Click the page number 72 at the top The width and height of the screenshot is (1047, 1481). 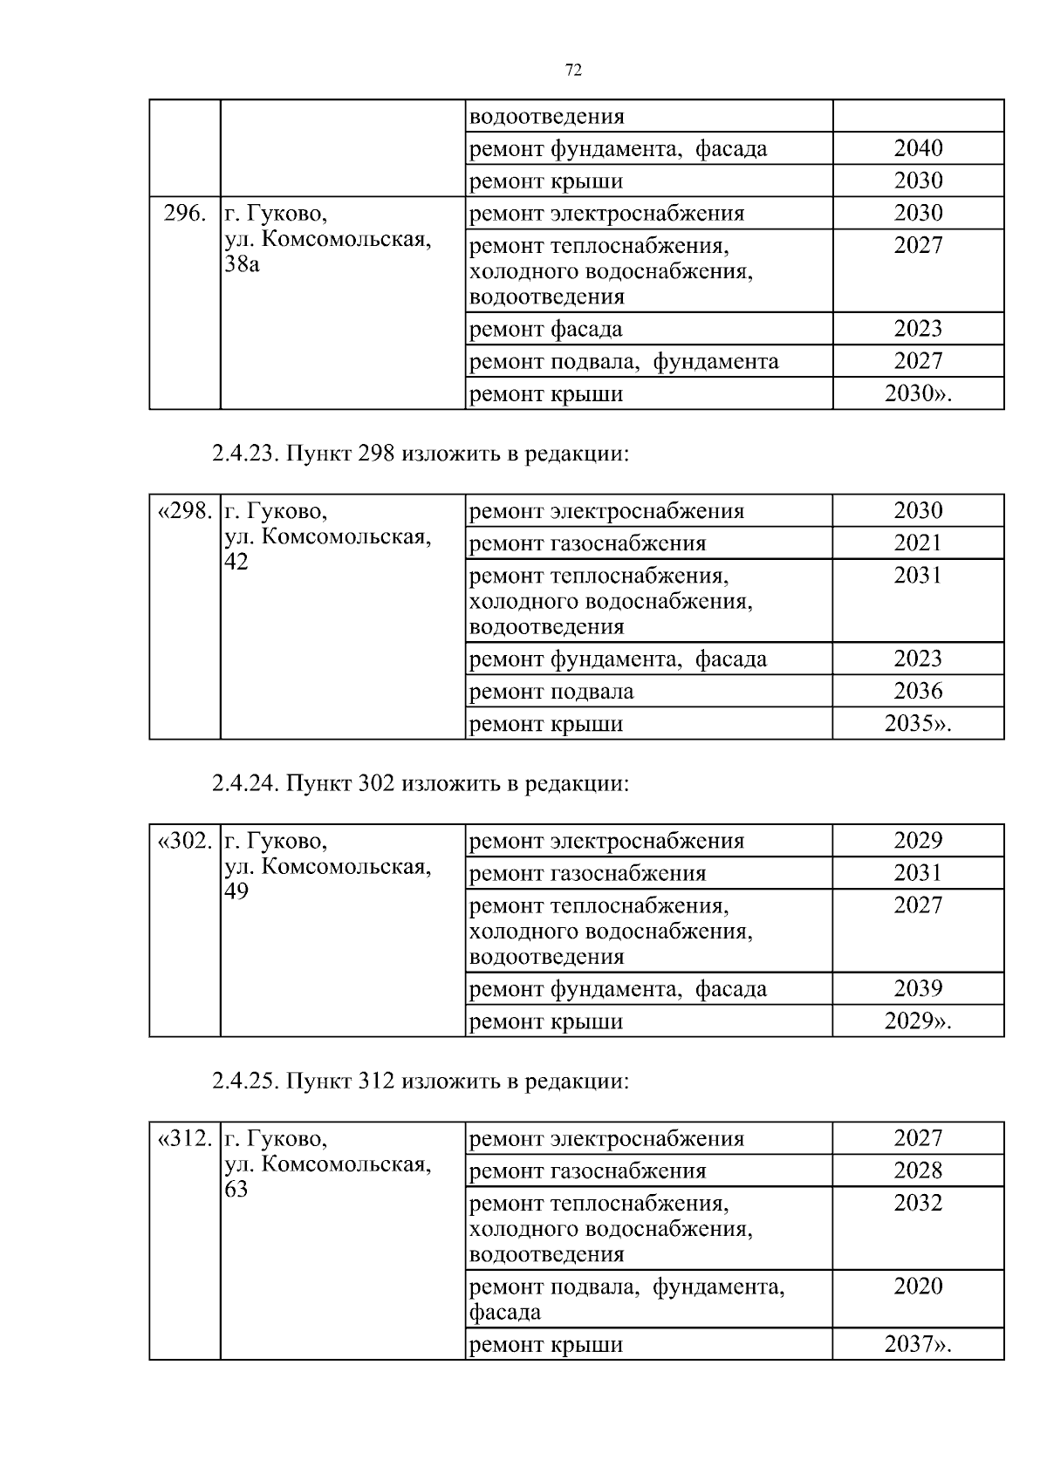573,71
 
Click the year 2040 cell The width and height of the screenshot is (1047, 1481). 918,148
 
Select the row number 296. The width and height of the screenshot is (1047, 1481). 185,214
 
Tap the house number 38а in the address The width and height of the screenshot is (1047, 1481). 242,264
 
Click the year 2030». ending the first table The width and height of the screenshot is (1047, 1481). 918,394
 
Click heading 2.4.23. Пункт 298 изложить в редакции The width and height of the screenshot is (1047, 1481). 420,454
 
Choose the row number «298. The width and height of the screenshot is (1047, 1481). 185,511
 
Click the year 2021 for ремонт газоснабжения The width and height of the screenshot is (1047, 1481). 918,543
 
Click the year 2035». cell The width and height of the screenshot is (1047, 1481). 918,724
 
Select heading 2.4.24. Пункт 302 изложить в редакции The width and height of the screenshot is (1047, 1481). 420,784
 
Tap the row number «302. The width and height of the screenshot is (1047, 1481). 185,842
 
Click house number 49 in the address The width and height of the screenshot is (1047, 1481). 236,891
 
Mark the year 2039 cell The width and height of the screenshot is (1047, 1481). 918,989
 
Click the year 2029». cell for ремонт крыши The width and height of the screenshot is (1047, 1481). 918,1021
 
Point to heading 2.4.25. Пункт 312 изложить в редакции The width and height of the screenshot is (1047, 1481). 420,1082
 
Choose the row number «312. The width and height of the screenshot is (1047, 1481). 185,1139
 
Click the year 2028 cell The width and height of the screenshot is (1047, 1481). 918,1171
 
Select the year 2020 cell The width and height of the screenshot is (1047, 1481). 918,1286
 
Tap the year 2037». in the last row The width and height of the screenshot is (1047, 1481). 918,1345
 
